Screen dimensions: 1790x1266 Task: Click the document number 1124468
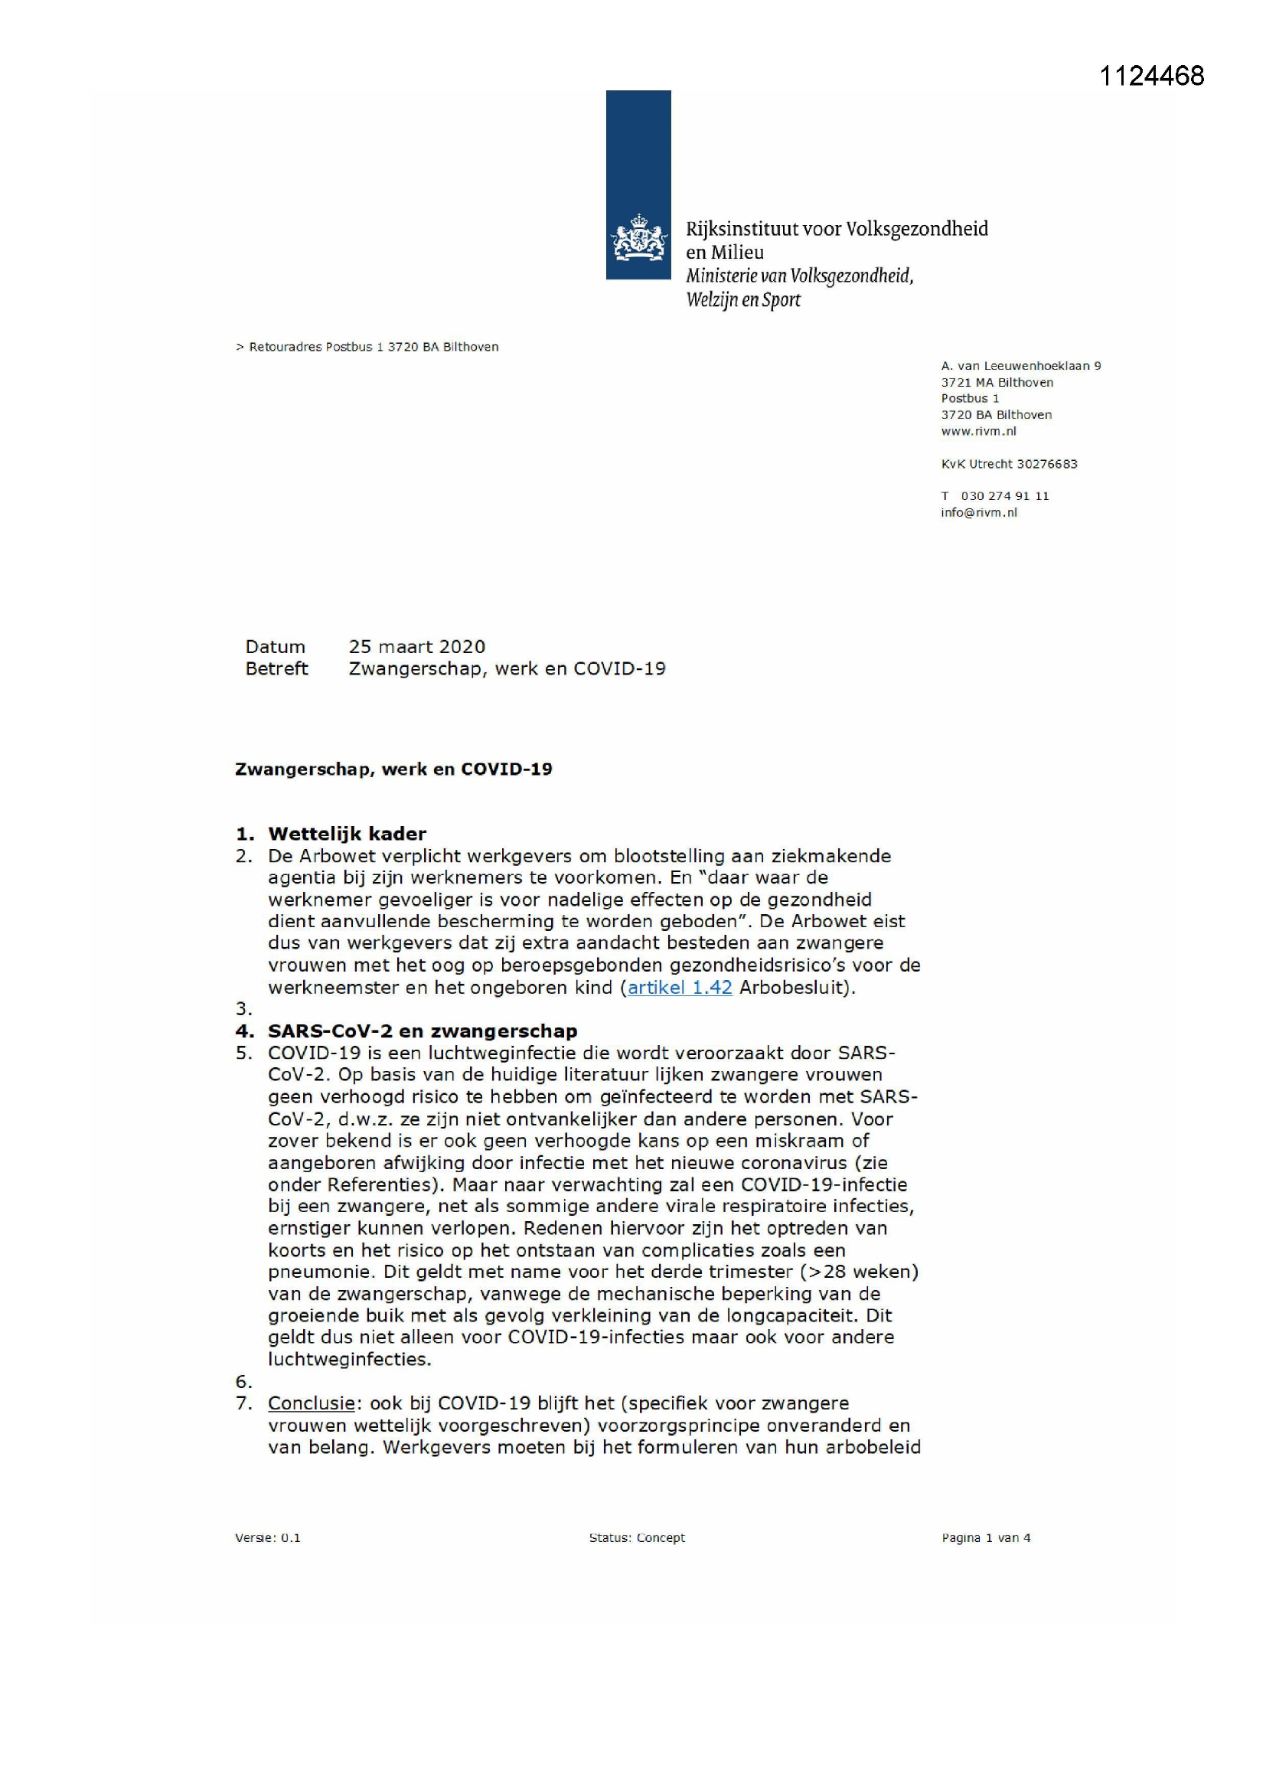(1151, 76)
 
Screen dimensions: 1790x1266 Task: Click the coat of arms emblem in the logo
(638, 238)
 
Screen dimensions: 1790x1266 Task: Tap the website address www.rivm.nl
(978, 431)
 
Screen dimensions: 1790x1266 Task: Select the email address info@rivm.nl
(978, 512)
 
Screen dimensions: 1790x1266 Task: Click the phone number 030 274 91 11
(1005, 496)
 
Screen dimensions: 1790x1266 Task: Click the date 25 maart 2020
(416, 646)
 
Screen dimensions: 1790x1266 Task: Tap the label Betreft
(276, 668)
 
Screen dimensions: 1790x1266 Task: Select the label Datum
(275, 646)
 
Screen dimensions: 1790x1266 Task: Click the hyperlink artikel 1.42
(680, 987)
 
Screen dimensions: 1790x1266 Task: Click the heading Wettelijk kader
(347, 834)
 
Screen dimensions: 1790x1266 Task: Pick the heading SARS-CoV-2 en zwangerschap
(423, 1031)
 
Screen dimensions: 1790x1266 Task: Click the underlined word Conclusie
(311, 1403)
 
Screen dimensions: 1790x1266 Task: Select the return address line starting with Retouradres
(373, 347)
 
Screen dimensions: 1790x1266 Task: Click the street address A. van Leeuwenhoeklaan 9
(1020, 366)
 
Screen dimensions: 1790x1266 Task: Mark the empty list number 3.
(244, 1009)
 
